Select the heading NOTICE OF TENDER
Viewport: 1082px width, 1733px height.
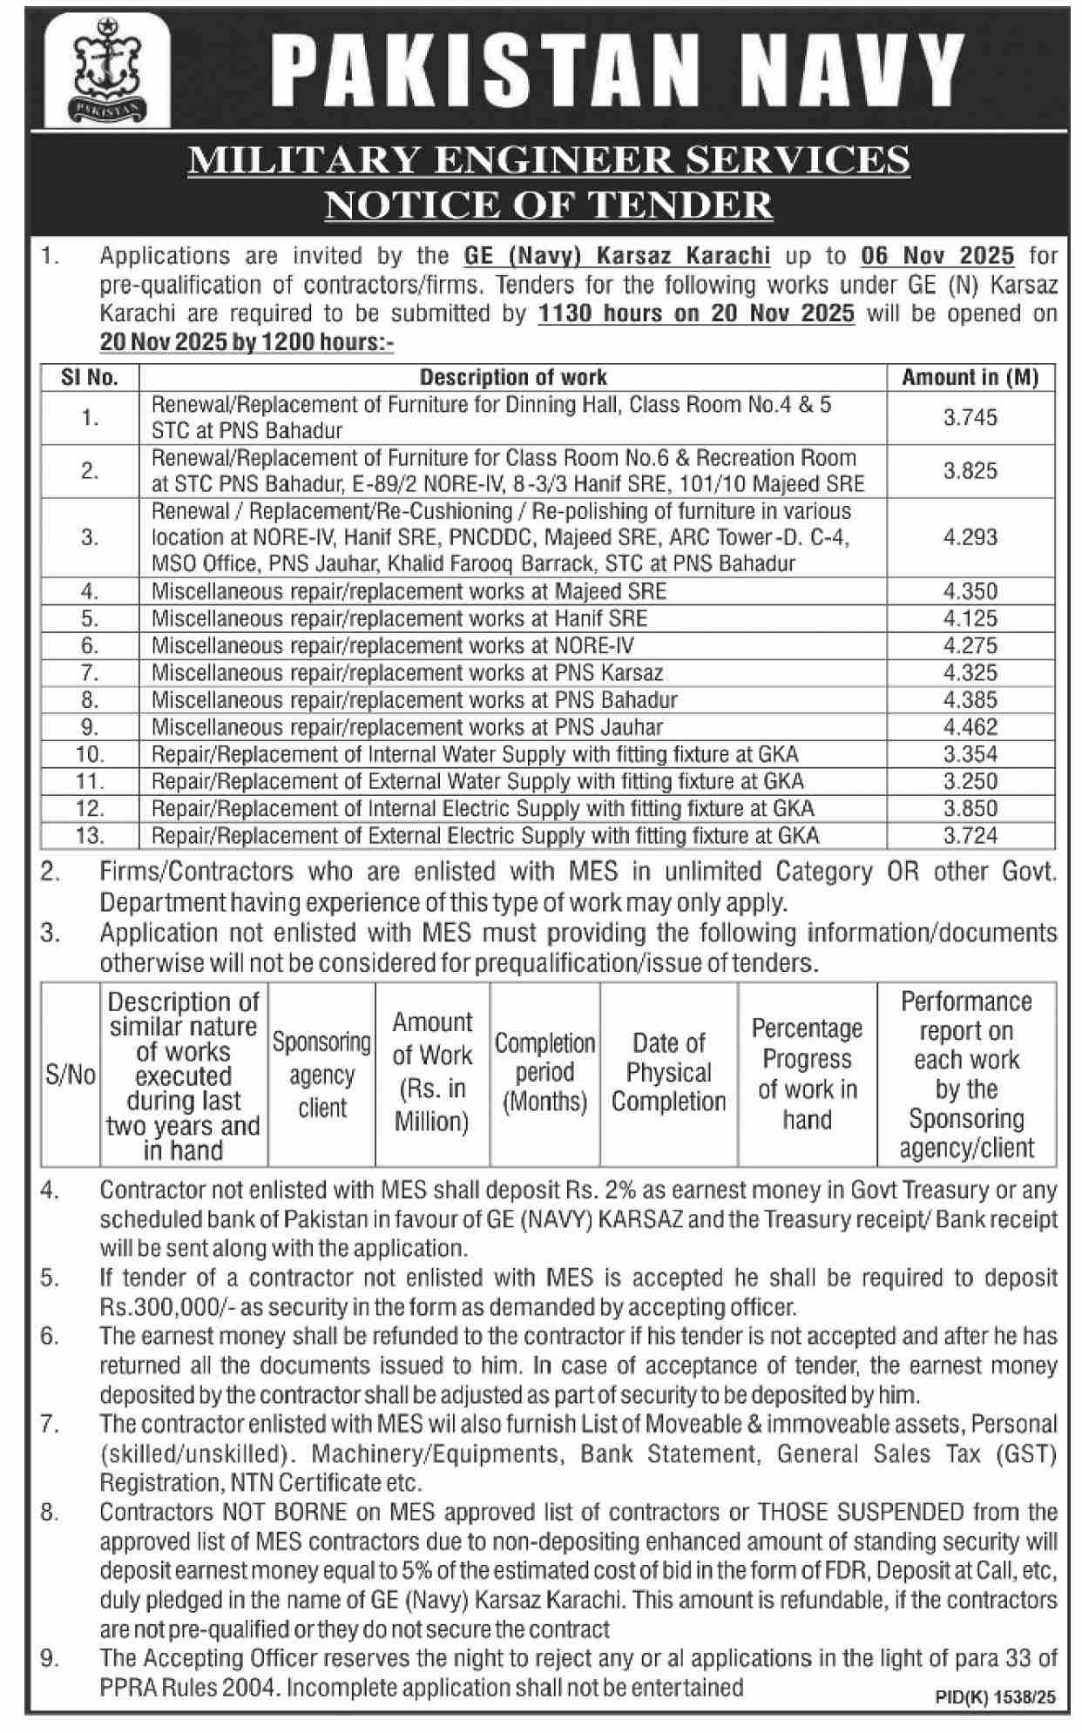549,206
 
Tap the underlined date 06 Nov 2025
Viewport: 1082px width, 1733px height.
937,256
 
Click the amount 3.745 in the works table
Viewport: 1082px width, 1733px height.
970,417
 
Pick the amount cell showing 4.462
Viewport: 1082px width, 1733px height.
970,727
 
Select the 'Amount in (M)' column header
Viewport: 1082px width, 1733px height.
970,377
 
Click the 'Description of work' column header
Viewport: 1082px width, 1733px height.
513,377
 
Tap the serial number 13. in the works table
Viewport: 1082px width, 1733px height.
90,836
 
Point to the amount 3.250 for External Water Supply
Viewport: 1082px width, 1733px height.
970,781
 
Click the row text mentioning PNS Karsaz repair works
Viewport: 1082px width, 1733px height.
407,673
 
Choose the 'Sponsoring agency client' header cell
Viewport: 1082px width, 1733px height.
321,1075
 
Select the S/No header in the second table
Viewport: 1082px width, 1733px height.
70,1076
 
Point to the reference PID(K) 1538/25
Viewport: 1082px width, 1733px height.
994,1696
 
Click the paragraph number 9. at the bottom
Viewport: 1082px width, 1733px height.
50,1659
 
